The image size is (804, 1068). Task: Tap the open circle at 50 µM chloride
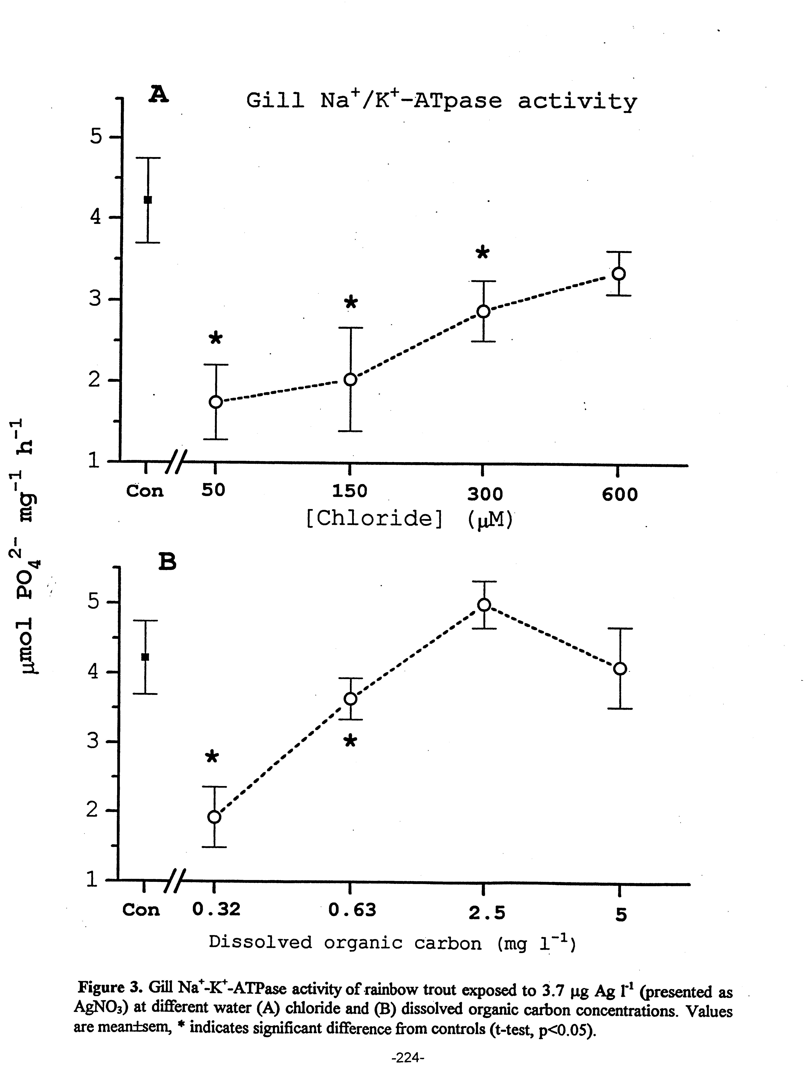click(x=216, y=402)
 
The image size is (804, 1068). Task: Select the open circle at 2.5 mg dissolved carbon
click(x=484, y=605)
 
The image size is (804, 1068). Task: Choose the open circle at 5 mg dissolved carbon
click(x=620, y=669)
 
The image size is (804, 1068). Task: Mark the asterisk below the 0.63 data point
click(x=351, y=741)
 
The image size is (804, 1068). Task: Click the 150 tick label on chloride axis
click(x=350, y=491)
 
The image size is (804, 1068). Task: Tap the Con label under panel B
click(x=141, y=910)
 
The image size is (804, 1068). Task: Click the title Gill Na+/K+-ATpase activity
click(x=441, y=101)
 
